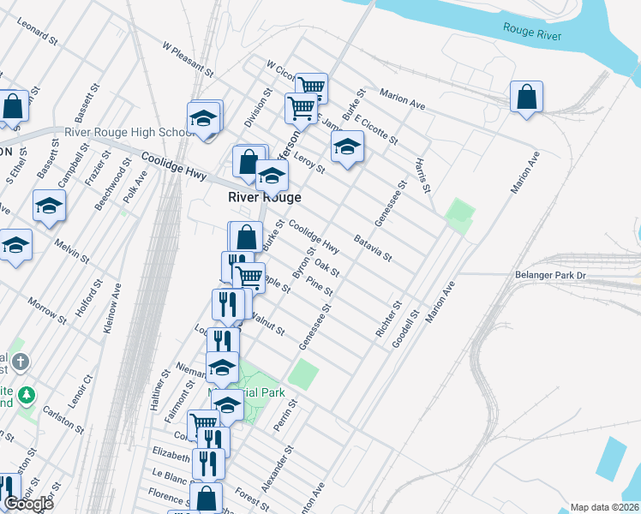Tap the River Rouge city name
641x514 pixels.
coord(264,197)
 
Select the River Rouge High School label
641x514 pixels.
coord(129,133)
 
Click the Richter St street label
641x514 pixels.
coord(388,318)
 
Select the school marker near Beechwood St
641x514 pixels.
coord(49,206)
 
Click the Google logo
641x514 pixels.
coord(28,504)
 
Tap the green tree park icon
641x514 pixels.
coord(28,395)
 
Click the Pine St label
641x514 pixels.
coord(319,285)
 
